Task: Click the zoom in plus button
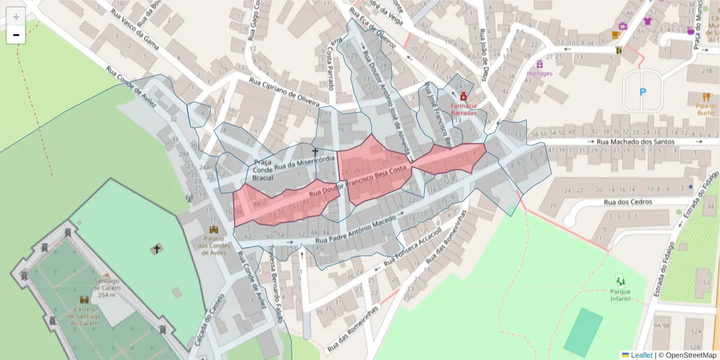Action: (x=16, y=17)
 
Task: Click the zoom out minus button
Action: (x=16, y=35)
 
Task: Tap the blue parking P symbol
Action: (x=643, y=92)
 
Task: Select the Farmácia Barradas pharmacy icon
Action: (x=463, y=96)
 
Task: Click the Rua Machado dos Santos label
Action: (x=635, y=142)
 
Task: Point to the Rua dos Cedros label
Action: (x=628, y=202)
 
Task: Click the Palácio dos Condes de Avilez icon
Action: (x=214, y=229)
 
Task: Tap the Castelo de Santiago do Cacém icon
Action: (x=84, y=299)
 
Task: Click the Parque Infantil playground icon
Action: (x=620, y=280)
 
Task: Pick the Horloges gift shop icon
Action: (x=539, y=64)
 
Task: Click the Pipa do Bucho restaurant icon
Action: (x=706, y=96)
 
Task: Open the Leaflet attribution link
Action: (x=641, y=355)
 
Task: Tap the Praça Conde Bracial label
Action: (x=263, y=170)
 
